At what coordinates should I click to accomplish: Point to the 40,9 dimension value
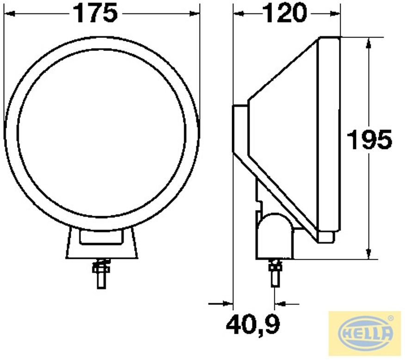click(x=253, y=324)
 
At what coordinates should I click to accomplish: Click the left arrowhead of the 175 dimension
click(x=8, y=14)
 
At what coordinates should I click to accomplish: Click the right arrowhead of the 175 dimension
click(x=196, y=14)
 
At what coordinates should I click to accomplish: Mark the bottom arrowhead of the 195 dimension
click(x=368, y=255)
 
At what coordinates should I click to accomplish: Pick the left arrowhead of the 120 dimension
click(x=237, y=14)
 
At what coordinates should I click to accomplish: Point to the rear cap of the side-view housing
click(x=240, y=129)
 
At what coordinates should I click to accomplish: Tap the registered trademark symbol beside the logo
click(x=391, y=318)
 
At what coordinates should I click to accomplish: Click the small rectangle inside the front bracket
click(x=102, y=237)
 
